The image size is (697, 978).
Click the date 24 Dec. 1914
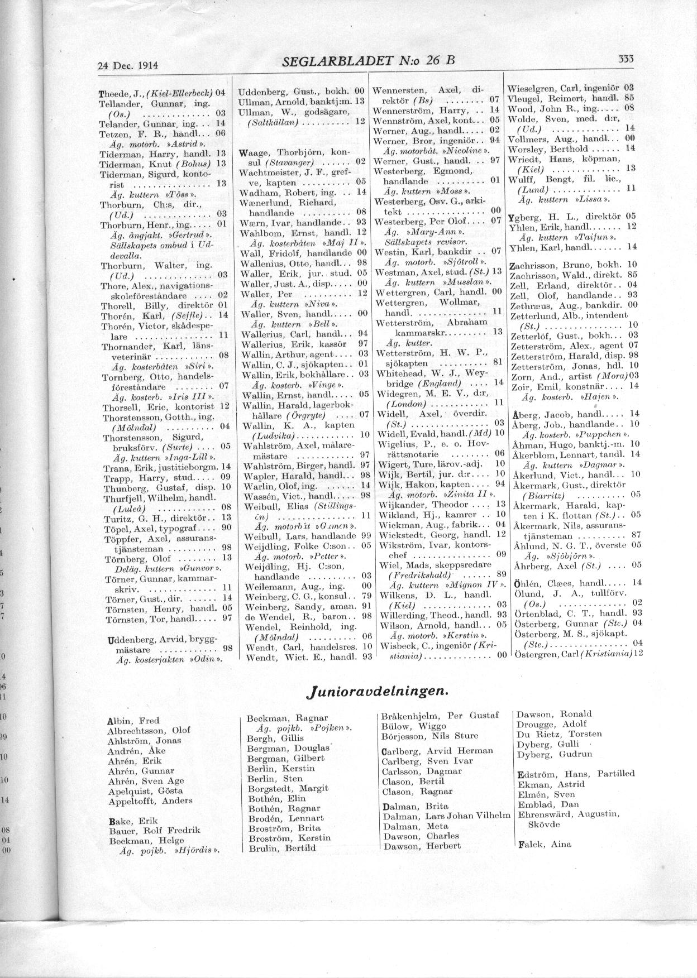pyautogui.click(x=128, y=65)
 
